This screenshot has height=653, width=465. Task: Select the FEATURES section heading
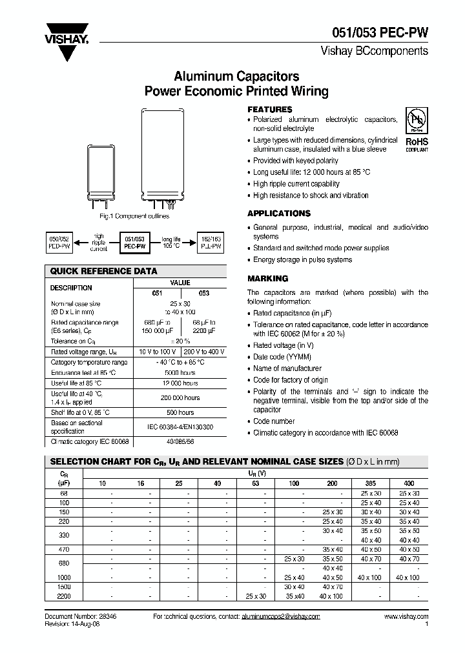pos(270,110)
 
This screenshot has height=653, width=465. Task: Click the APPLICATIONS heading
pos(279,214)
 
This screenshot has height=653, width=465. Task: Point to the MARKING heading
pos(267,279)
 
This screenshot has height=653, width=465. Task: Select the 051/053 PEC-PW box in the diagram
pos(134,242)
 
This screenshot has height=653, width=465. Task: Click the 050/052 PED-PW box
pos(58,242)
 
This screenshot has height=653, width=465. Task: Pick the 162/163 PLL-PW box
pos(211,242)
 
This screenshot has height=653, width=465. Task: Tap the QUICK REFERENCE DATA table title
pos(104,271)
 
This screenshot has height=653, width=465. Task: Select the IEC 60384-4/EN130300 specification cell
pos(180,427)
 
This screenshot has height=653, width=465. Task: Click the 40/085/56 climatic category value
pos(180,442)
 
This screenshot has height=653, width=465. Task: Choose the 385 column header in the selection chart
pos(371,483)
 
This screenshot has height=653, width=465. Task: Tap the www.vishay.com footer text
pos(406,617)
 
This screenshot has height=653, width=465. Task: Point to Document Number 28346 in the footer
pos(81,617)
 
